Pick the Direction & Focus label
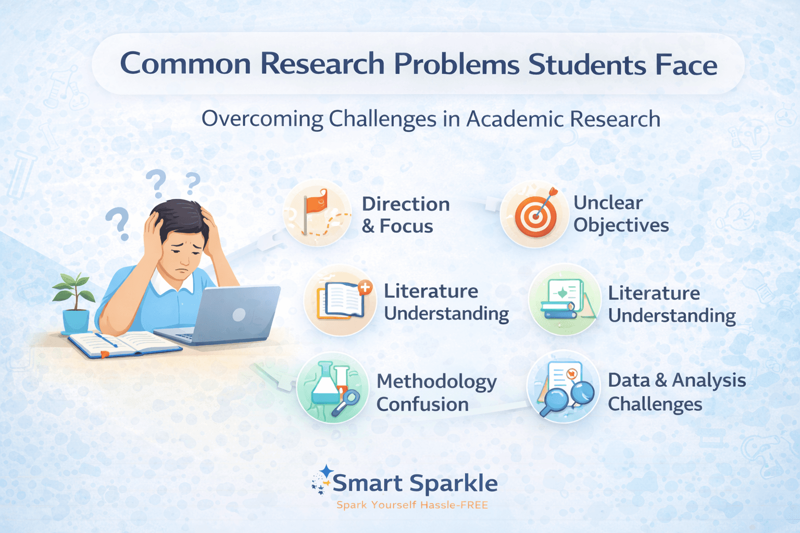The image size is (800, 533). [x=405, y=215]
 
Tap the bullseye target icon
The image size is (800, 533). [x=535, y=214]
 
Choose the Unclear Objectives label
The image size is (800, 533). [x=621, y=214]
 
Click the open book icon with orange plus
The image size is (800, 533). [x=341, y=300]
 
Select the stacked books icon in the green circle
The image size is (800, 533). [x=564, y=300]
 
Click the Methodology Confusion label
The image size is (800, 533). [x=436, y=393]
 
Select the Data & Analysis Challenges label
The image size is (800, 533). [x=677, y=392]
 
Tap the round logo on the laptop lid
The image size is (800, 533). [x=239, y=315]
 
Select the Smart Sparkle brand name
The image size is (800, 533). [x=415, y=484]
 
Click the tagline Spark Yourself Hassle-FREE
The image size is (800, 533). [x=412, y=505]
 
